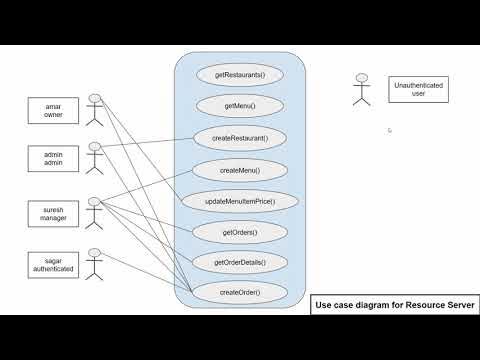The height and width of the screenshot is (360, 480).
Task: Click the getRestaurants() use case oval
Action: pos(239,73)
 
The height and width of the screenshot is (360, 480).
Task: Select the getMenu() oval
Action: pos(239,105)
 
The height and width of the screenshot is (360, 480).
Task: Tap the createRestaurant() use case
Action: pos(239,137)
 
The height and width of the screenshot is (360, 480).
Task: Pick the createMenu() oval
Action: pos(239,169)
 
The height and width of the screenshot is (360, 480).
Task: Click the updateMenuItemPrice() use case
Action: pos(239,201)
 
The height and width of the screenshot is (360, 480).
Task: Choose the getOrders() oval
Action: pos(239,232)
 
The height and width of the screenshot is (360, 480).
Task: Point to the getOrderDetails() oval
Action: pos(239,262)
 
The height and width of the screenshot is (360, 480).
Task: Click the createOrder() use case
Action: pos(239,292)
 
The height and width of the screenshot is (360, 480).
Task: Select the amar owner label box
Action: pos(54,109)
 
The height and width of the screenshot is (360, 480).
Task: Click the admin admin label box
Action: pos(54,156)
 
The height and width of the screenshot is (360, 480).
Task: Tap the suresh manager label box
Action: pos(54,212)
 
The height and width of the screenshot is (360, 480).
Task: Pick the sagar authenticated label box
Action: pos(54,264)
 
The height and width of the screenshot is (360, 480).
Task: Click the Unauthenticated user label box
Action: pos(418,91)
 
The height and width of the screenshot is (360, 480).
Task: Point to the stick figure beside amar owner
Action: pos(96,109)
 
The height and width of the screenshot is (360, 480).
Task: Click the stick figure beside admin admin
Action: pos(96,157)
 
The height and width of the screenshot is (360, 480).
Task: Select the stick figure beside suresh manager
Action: pos(96,212)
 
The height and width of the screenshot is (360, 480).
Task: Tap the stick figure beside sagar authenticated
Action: pos(96,263)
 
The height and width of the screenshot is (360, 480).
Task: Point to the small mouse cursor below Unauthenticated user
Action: pos(390,130)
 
